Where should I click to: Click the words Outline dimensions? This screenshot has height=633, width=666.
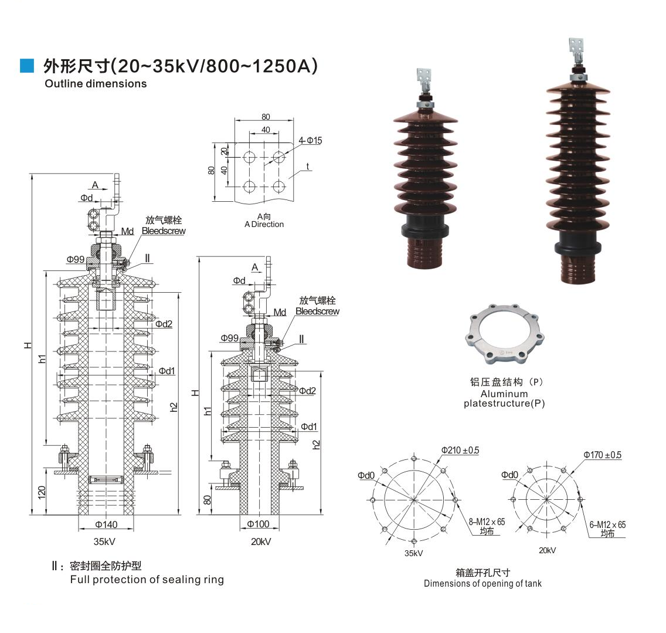96,83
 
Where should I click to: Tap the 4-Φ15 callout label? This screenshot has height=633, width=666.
310,140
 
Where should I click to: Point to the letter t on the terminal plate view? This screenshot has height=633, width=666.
308,167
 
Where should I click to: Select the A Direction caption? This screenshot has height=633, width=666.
264,224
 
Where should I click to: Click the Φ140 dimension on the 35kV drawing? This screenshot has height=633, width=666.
106,524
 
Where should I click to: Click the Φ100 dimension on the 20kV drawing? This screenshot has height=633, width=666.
258,524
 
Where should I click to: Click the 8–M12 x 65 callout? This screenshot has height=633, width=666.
487,522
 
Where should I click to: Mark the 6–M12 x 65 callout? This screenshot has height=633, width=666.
607,524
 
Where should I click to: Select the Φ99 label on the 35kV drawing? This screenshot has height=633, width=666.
75,259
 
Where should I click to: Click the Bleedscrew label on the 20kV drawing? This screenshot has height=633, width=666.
317,312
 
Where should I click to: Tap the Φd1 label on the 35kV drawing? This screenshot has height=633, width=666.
167,371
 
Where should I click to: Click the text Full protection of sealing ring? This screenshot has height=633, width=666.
147,580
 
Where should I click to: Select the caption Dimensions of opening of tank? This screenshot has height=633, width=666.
482,583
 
